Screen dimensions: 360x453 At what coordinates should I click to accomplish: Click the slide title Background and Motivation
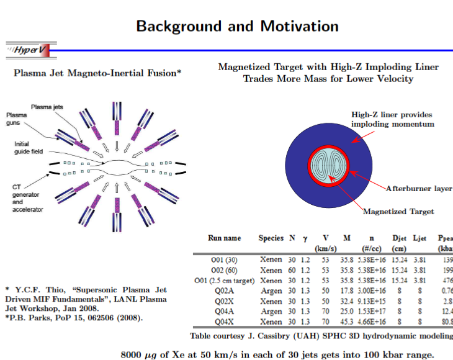pos(237,26)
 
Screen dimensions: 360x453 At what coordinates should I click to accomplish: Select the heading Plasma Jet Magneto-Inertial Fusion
pos(97,73)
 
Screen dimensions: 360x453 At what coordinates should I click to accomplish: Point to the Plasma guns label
pos(17,119)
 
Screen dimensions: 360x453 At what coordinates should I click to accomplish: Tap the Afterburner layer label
pos(419,188)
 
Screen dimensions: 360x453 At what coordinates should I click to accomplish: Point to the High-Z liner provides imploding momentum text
pos(392,119)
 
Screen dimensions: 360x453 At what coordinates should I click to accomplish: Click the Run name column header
pos(224,238)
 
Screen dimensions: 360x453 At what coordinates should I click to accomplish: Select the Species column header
pos(271,238)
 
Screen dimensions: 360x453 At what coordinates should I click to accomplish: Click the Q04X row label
pos(224,322)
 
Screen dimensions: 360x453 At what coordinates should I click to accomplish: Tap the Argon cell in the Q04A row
pos(271,312)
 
